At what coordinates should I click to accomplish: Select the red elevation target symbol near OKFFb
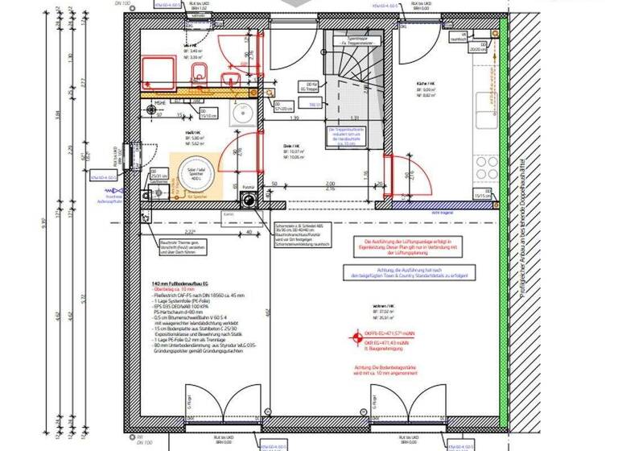tap(351, 338)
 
